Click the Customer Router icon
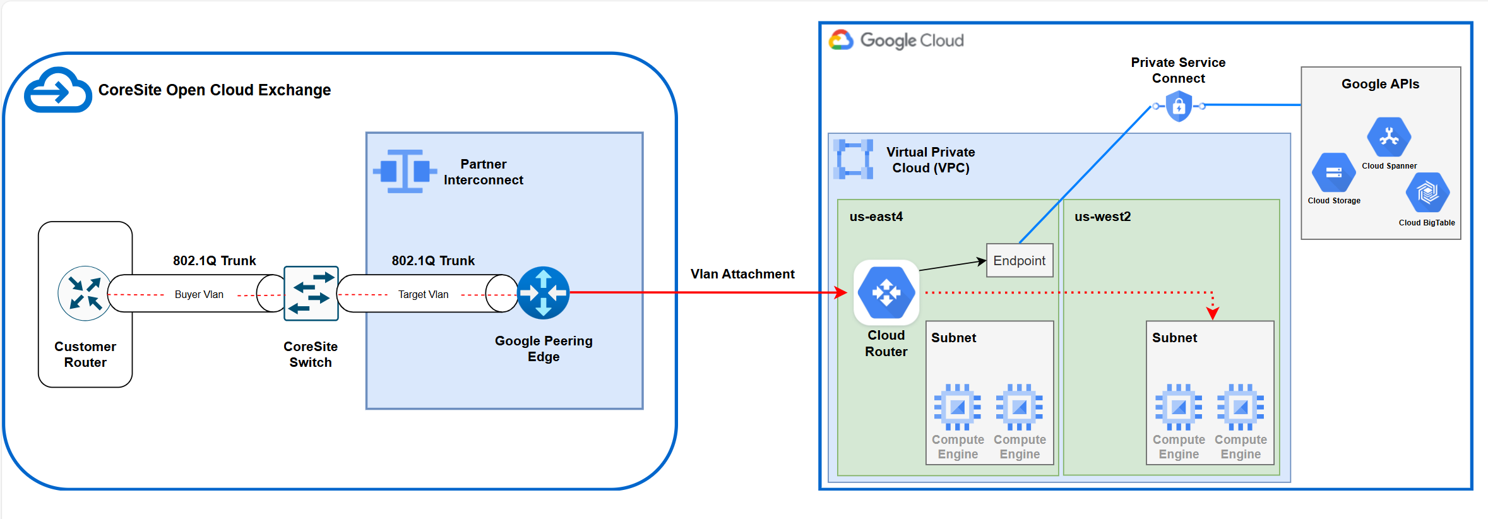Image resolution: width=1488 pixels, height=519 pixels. click(x=85, y=293)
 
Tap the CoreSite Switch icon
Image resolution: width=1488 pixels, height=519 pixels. click(x=311, y=293)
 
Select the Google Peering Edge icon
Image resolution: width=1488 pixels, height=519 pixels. click(x=543, y=293)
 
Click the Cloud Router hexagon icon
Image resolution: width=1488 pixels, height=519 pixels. click(x=886, y=292)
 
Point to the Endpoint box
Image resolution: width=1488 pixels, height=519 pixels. click(x=1019, y=260)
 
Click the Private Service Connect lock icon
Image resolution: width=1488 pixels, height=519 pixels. click(x=1178, y=106)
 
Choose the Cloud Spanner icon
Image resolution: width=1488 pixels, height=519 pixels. click(x=1389, y=136)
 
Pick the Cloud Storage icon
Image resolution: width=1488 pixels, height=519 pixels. click(x=1333, y=172)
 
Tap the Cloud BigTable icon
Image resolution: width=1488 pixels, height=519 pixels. click(x=1427, y=193)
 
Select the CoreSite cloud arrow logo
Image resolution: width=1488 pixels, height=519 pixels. click(x=57, y=90)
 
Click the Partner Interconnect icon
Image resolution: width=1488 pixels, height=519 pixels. click(x=405, y=171)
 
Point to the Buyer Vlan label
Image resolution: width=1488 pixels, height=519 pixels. click(x=199, y=294)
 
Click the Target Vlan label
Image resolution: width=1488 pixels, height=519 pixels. click(x=423, y=294)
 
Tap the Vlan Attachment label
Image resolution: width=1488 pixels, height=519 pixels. click(x=742, y=274)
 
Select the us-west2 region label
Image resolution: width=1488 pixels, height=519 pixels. click(x=1102, y=217)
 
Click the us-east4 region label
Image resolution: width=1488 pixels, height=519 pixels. click(x=876, y=217)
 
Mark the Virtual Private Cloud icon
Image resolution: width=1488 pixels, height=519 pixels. click(x=854, y=159)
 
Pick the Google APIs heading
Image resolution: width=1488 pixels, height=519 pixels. click(x=1380, y=84)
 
